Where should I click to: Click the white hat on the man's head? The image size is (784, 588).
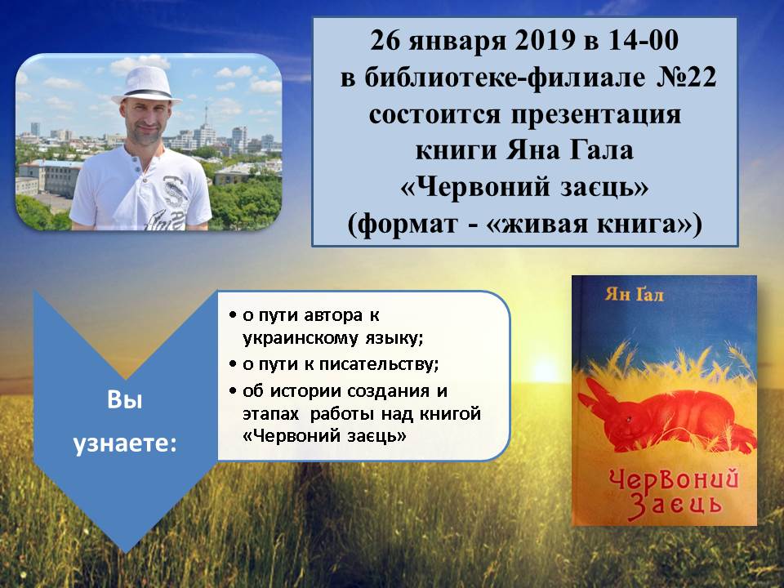(x=146, y=85)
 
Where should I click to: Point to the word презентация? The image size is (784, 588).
(x=595, y=115)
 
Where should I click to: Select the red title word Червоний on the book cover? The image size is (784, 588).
(x=674, y=482)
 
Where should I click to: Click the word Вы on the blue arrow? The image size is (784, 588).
(x=125, y=400)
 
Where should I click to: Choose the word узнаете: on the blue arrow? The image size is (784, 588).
(x=125, y=443)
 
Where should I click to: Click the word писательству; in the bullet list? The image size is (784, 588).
(x=379, y=364)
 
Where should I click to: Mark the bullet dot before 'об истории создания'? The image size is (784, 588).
(x=233, y=390)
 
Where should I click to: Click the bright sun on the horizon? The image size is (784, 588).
(x=544, y=371)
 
